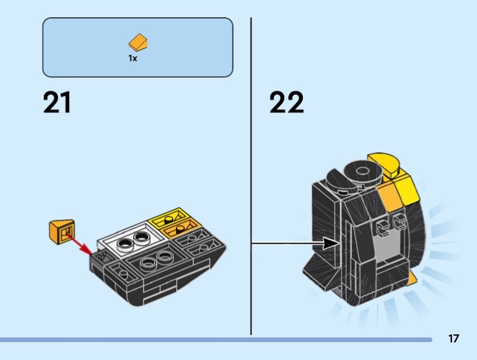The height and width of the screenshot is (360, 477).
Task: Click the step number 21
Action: click(57, 103)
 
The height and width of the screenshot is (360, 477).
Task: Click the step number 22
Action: click(286, 103)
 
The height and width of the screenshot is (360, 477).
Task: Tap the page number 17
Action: click(453, 339)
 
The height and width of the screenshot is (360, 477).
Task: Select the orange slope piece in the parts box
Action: click(138, 42)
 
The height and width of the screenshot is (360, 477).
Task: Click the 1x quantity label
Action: click(132, 58)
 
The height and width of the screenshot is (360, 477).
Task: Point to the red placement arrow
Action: click(80, 245)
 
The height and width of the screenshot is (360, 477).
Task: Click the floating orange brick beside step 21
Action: click(62, 231)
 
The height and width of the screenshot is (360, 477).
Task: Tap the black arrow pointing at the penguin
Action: click(296, 243)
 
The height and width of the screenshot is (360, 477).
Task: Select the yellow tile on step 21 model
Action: click(171, 216)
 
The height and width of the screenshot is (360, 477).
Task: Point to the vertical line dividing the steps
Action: click(251, 176)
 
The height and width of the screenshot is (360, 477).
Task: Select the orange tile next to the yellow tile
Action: click(182, 228)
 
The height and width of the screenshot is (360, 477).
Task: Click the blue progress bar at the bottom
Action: click(216, 340)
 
